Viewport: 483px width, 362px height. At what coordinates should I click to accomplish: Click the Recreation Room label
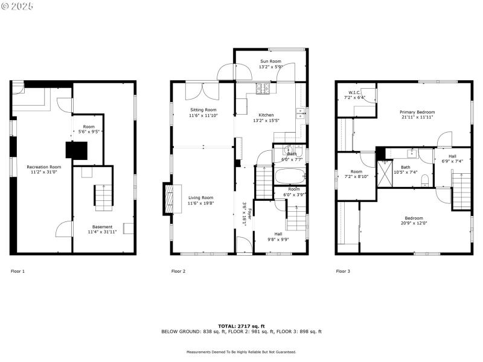pos(43,167)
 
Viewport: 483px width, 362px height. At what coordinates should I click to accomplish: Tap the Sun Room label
pos(270,62)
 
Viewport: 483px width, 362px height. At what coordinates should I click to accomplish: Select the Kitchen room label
pos(266,115)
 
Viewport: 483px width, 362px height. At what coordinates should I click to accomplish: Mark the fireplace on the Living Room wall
pos(168,197)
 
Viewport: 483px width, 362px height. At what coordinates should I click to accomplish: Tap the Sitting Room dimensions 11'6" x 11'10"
pos(202,115)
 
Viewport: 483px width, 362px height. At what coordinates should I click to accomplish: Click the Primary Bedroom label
pos(417,112)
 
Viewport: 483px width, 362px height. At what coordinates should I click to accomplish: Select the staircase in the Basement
pos(102,197)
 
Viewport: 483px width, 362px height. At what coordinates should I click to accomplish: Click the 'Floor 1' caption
pos(18,271)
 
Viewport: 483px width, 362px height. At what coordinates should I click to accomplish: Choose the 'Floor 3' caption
pos(342,271)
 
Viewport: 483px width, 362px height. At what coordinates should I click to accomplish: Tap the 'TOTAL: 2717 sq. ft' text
pos(241,326)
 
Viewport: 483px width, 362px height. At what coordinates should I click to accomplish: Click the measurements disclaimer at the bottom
pos(241,352)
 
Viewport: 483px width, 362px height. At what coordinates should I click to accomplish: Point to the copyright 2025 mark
pos(18,6)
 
